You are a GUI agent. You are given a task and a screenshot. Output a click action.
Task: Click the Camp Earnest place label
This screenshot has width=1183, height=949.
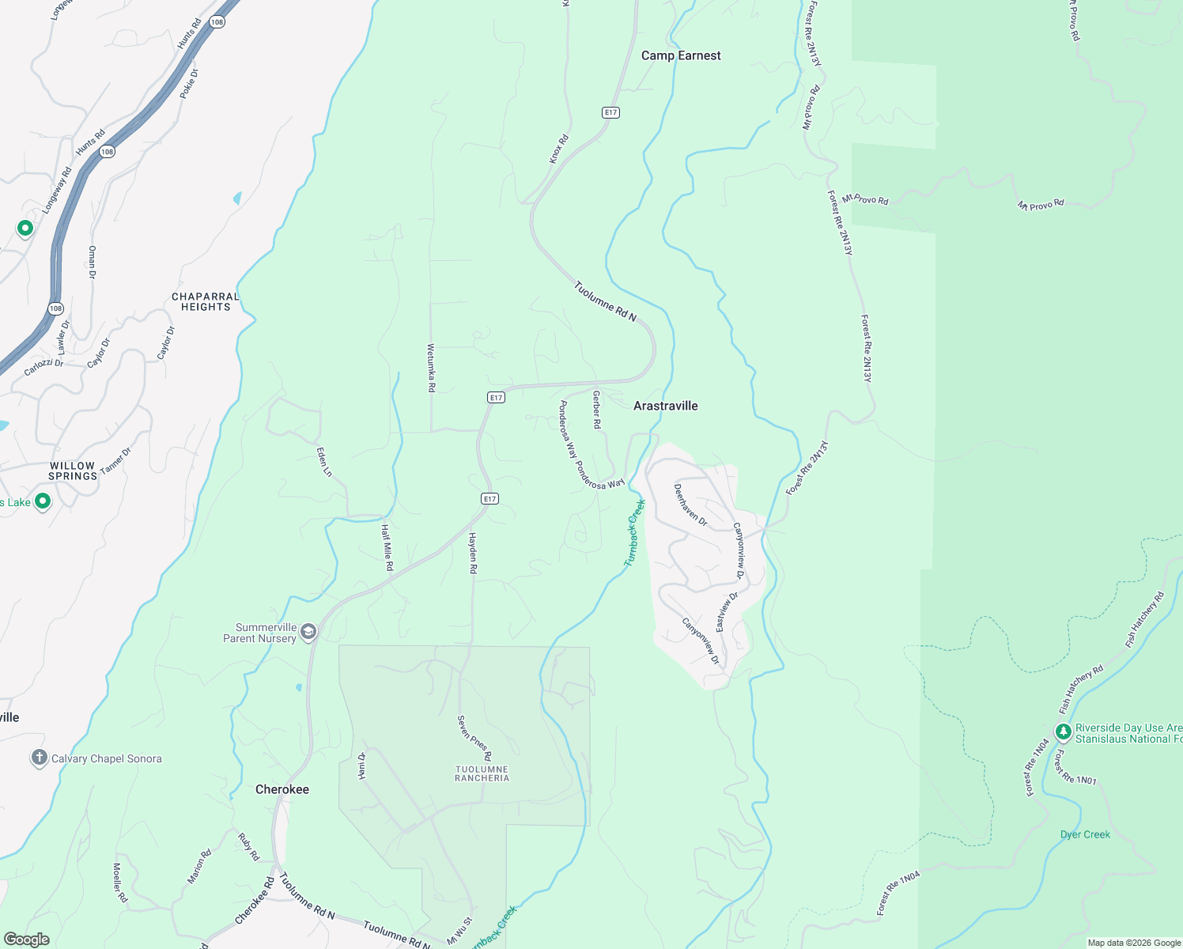pos(681,55)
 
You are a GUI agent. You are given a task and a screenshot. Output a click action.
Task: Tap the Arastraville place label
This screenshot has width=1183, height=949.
pos(666,406)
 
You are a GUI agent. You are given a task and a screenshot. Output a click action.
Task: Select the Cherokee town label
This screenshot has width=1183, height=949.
pos(282,789)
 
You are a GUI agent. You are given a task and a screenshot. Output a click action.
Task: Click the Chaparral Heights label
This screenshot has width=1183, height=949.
pos(206,302)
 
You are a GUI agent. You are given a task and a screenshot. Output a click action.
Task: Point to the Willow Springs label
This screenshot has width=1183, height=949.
pos(73,471)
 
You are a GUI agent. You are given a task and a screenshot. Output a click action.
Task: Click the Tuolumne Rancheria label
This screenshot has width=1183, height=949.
pos(482,773)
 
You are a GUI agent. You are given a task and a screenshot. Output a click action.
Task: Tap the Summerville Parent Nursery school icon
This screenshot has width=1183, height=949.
pos(308,631)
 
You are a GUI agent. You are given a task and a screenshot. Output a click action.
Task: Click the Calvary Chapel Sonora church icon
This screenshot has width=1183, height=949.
pos(39,758)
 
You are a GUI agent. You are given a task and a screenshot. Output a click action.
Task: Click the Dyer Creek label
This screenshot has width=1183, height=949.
pos(1085,834)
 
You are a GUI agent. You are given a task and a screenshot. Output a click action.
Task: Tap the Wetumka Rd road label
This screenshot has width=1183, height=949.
pos(431,368)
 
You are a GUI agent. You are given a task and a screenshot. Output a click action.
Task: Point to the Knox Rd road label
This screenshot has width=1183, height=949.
pos(559,149)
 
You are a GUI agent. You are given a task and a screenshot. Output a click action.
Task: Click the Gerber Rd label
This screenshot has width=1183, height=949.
pos(597,410)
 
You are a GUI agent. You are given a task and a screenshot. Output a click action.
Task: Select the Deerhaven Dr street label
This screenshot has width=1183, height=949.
pos(690,505)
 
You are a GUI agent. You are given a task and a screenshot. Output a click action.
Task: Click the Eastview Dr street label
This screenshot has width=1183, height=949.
pos(727,612)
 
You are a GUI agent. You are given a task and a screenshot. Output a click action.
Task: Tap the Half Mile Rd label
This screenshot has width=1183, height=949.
pos(387,547)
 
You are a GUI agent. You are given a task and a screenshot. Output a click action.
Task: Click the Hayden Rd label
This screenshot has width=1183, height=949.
pos(473,553)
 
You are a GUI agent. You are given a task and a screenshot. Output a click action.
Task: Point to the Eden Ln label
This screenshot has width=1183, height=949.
pos(324,462)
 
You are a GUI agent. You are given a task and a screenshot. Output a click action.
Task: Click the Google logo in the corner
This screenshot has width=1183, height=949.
pos(26,940)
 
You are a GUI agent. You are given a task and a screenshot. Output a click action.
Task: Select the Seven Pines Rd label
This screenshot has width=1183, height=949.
pos(474,738)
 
